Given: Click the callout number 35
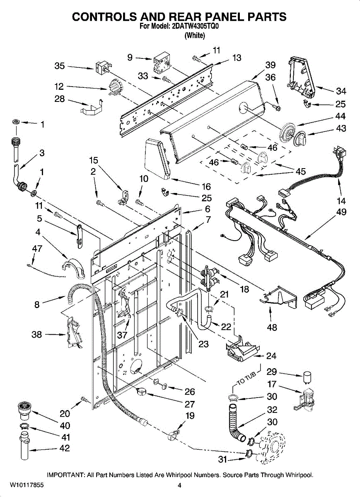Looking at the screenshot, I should coord(60,66).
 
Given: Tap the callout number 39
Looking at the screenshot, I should coord(270,65).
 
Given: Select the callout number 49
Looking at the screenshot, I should coord(341,212).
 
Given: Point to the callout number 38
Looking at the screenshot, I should coord(37,334).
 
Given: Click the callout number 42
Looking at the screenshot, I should coord(65,448).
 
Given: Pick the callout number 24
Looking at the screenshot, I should coord(271,356).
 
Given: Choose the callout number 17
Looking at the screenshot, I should coord(272,384).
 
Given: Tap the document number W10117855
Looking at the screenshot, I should coord(27,485).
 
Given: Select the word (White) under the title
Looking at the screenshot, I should coord(194,36).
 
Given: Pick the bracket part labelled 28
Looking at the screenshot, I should coord(91,107).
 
